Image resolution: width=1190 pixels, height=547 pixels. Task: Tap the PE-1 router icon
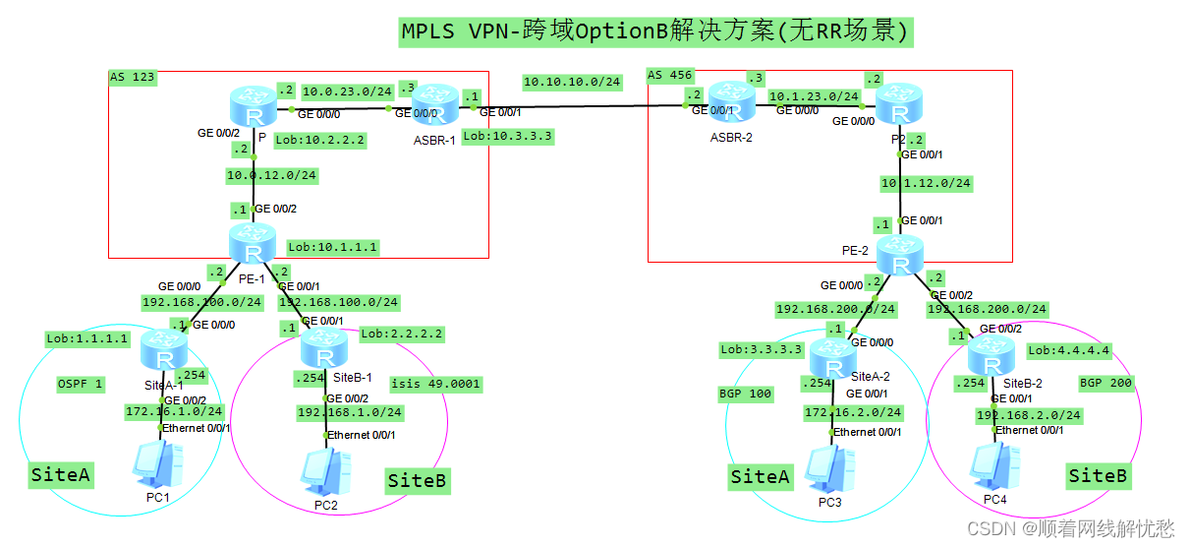coord(253,244)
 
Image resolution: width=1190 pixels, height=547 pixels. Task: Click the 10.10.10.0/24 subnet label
coord(572,82)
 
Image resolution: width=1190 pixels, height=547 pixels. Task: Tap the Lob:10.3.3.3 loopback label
coord(508,136)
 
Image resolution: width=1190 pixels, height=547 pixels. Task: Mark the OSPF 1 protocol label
coord(80,384)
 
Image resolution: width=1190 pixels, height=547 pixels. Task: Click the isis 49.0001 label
coord(435,384)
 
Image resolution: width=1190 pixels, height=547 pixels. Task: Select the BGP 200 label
coord(1105,383)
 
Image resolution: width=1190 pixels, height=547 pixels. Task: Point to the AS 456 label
coord(668,76)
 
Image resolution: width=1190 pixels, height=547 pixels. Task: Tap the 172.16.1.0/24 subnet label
coord(174,410)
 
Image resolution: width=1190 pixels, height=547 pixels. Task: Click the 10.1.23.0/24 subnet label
coord(814,96)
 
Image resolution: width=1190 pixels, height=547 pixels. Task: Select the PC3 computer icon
coord(827,471)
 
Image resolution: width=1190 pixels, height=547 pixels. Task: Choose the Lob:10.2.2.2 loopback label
coord(319,141)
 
